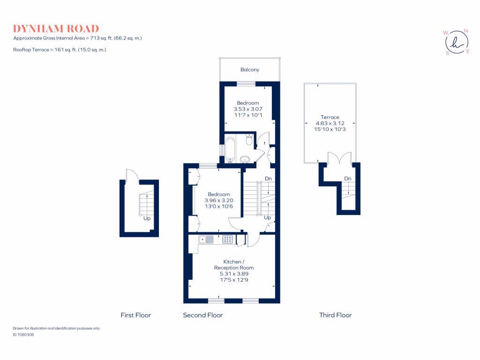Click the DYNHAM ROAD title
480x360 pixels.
(x=56, y=29)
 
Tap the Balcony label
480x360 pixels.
(x=249, y=70)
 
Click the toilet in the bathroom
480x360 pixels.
(x=249, y=139)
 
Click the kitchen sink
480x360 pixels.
(x=206, y=240)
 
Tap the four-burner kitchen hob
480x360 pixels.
(x=228, y=240)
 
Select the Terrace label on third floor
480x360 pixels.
(x=330, y=117)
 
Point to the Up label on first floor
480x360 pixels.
(x=147, y=218)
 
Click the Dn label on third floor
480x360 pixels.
(x=347, y=179)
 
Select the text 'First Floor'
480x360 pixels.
(x=135, y=315)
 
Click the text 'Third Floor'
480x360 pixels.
(x=335, y=315)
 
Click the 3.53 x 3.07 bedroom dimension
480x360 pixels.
(x=247, y=109)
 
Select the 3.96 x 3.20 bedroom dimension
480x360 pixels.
(x=218, y=200)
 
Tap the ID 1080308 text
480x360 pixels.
(x=23, y=335)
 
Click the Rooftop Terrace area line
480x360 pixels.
(x=60, y=49)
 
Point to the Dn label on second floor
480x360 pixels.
(x=268, y=179)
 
